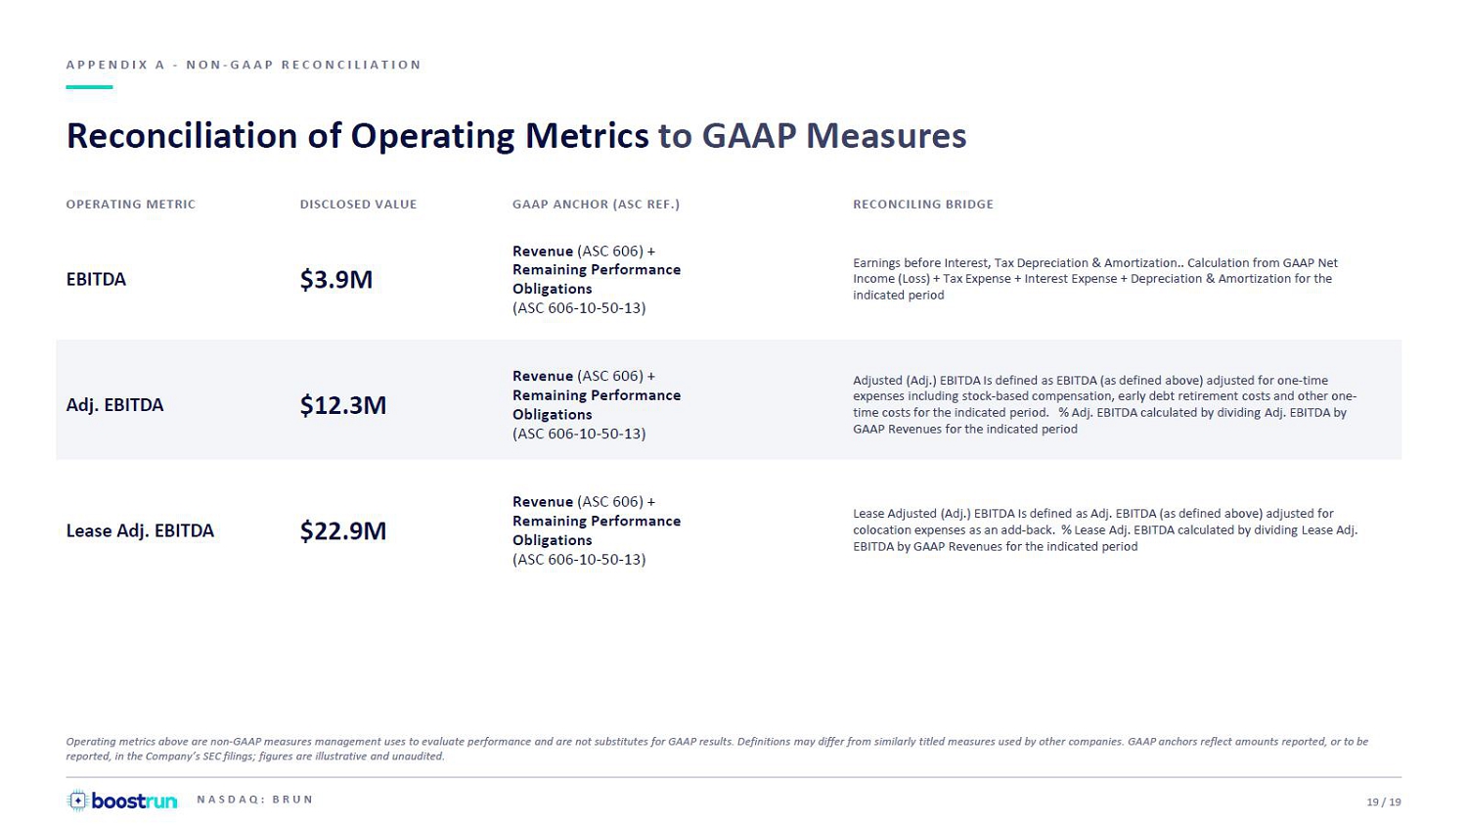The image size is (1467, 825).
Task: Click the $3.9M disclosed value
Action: click(336, 280)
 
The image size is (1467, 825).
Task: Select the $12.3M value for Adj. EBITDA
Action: click(343, 405)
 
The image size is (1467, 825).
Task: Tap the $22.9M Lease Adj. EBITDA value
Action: click(343, 530)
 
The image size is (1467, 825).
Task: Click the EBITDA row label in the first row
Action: click(96, 279)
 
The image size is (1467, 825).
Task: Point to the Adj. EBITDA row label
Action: click(114, 405)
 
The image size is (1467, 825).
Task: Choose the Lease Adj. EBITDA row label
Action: click(140, 530)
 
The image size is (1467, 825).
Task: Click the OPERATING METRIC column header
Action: click(131, 205)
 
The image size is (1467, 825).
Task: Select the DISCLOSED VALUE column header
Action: click(358, 205)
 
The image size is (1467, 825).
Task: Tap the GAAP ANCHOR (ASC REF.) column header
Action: click(596, 205)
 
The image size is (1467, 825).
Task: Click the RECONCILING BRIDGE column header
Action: click(923, 205)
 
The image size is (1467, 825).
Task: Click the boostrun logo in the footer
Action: click(122, 801)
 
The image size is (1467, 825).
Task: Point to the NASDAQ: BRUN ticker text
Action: click(254, 800)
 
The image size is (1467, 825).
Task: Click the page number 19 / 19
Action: click(1384, 802)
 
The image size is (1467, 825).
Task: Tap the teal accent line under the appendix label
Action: click(89, 86)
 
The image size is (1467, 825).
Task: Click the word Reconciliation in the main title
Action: click(182, 136)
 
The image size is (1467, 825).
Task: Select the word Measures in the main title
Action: click(886, 136)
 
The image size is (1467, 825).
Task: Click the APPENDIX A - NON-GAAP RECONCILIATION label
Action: click(244, 65)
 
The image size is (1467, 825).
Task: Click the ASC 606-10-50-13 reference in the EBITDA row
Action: click(579, 308)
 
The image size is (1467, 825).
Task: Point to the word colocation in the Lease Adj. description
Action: click(880, 530)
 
